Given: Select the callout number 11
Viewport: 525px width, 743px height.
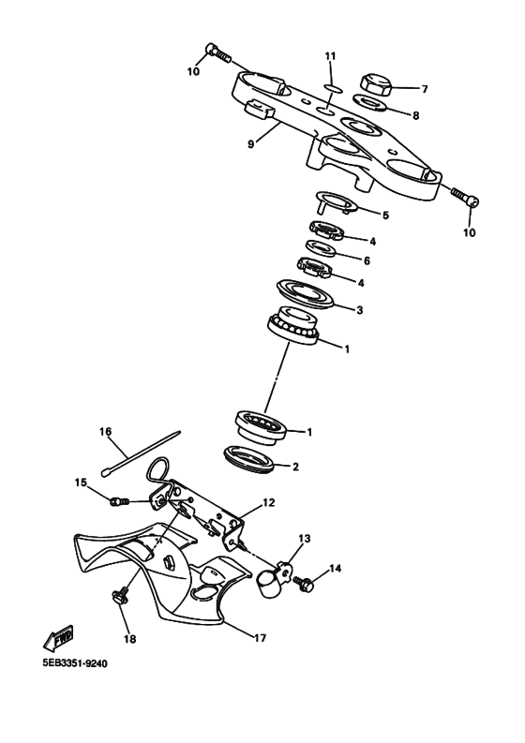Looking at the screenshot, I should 330,57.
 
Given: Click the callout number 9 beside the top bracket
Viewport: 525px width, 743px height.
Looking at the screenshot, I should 250,144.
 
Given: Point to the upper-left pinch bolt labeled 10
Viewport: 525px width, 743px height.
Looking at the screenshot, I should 215,52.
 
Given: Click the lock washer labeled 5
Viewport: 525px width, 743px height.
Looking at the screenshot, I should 330,201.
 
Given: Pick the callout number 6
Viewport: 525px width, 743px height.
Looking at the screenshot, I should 367,260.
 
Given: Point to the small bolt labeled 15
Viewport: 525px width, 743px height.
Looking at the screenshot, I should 118,503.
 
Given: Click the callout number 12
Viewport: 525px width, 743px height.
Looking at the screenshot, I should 268,503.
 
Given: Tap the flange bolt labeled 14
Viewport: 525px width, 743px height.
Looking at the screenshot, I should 305,583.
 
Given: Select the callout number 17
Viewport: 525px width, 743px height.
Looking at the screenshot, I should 260,638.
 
